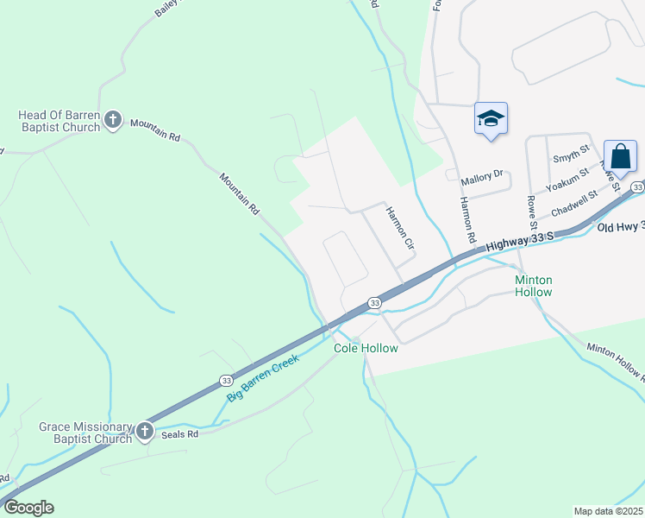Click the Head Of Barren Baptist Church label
point(59,121)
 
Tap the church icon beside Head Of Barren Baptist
point(113,120)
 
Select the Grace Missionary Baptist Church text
point(85,433)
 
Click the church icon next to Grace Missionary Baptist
point(144,430)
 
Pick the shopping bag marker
point(620,156)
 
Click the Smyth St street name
point(570,157)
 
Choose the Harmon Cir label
point(400,228)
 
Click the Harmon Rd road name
point(467,219)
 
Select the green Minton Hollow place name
point(533,286)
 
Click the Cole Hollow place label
point(366,348)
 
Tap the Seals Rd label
point(179,434)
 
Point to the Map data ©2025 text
point(608,510)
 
